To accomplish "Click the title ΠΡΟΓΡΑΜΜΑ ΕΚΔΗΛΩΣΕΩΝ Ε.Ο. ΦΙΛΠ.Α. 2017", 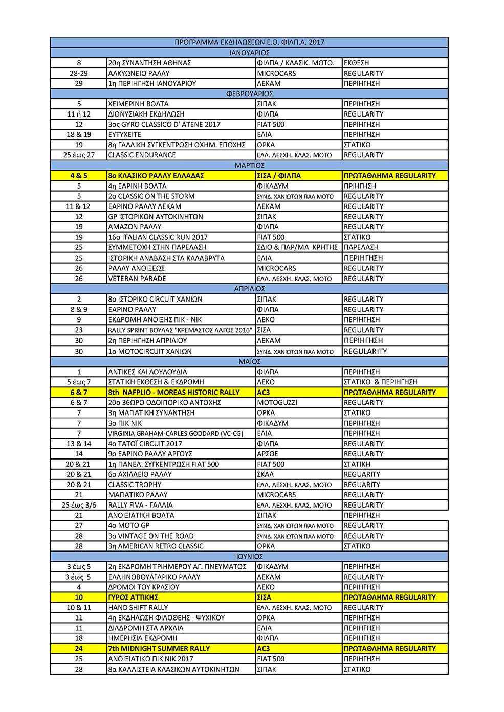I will [249, 42].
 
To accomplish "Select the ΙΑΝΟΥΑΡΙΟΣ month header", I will [249, 53].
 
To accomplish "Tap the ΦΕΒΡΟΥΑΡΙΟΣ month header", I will [249, 94].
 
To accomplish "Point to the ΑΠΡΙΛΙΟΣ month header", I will [249, 289].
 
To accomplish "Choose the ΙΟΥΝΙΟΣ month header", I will [249, 556].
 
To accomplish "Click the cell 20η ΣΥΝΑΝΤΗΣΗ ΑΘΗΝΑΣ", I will [149, 63].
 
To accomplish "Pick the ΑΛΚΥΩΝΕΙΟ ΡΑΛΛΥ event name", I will [139, 73].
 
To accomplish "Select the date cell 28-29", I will [79, 73].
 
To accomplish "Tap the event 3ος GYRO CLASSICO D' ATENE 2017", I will [164, 124].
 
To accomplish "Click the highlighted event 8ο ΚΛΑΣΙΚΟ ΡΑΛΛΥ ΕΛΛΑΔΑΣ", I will [156, 175].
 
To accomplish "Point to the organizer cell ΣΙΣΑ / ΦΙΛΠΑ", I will [279, 175].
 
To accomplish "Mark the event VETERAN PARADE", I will [137, 279].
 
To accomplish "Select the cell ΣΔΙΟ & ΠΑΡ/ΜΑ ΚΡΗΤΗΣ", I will [297, 247].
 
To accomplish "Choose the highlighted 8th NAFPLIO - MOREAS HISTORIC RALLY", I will [174, 392].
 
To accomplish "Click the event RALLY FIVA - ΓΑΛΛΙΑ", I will [140, 505].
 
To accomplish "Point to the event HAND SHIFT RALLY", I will [138, 607].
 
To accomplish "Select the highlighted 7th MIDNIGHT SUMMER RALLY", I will [159, 648].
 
